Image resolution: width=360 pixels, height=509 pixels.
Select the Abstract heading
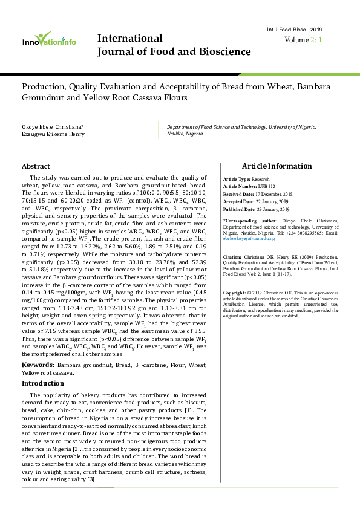click(x=36, y=166)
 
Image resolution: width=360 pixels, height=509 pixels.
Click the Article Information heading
click(x=277, y=166)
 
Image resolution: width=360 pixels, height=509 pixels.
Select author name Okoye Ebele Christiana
click(x=53, y=126)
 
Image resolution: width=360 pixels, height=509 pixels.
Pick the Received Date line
click(x=257, y=193)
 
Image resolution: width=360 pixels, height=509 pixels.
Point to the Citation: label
click(x=234, y=257)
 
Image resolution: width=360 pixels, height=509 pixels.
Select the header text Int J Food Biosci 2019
click(x=295, y=30)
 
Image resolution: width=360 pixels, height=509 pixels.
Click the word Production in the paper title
click(x=44, y=86)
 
